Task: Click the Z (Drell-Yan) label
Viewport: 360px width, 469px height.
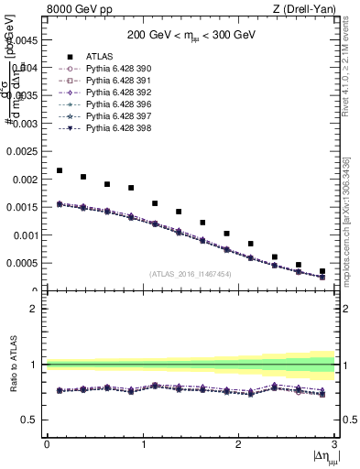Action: [310, 9]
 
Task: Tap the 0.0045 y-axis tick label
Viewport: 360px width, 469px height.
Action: [24, 40]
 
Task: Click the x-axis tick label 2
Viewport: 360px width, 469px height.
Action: [239, 443]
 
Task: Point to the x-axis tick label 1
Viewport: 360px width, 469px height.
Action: [143, 443]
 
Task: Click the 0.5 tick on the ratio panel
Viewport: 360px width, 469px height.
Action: [31, 420]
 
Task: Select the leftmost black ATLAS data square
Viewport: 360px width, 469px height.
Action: [60, 170]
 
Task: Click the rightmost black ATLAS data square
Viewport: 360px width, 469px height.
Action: [322, 271]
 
